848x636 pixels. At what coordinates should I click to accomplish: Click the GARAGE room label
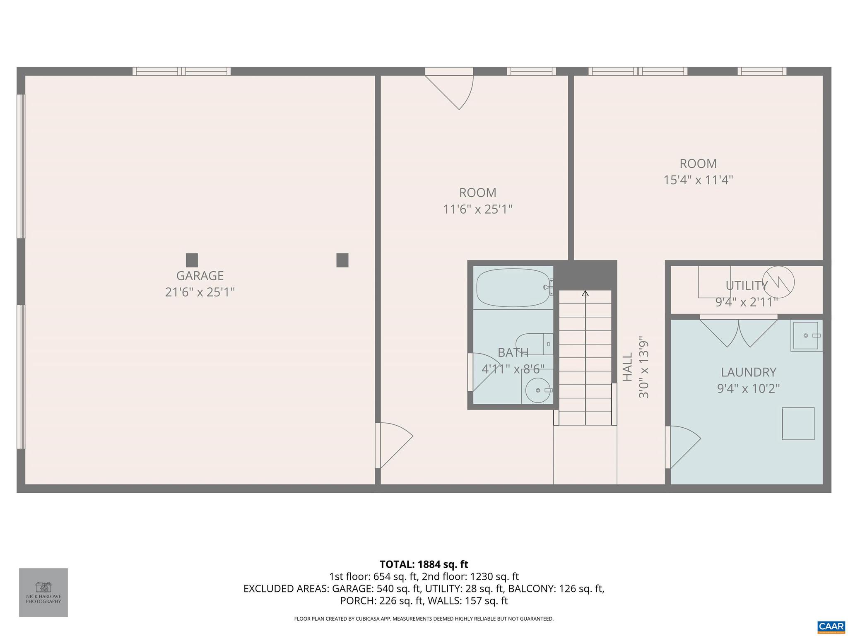200,276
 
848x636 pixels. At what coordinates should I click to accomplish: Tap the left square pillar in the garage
192,260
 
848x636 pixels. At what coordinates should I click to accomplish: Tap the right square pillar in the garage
342,260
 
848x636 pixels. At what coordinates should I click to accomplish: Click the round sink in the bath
537,390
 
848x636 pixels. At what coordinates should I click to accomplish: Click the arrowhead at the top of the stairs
585,294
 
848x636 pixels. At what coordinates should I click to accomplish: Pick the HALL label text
628,367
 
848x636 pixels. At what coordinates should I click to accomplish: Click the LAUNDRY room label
748,372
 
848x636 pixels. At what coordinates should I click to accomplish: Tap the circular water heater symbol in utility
778,282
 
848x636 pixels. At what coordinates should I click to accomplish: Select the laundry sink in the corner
806,336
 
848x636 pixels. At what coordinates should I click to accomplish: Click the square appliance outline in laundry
798,424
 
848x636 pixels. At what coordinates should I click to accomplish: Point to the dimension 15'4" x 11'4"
698,180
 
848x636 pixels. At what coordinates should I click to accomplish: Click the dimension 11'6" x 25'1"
477,210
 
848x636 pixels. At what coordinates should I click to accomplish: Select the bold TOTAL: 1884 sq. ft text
424,564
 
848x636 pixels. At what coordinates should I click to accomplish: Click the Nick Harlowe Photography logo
43,592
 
